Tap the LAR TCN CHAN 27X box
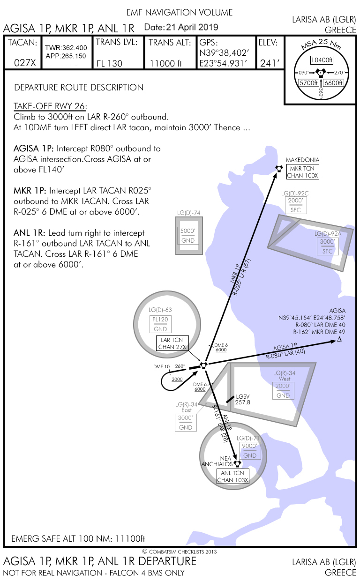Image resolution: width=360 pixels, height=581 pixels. pyautogui.click(x=173, y=343)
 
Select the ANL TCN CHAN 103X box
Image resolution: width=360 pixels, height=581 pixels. pyautogui.click(x=233, y=477)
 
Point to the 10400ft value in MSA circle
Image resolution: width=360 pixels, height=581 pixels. pyautogui.click(x=322, y=60)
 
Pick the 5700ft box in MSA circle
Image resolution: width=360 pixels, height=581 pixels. pyautogui.click(x=309, y=83)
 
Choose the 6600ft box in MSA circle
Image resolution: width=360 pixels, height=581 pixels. pyautogui.click(x=334, y=83)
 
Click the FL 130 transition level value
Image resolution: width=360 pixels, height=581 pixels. pyautogui.click(x=109, y=63)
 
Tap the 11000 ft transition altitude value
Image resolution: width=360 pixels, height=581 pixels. pyautogui.click(x=165, y=63)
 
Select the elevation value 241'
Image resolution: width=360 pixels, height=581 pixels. pyautogui.click(x=270, y=63)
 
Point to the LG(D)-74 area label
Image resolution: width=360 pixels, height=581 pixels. pyautogui.click(x=188, y=213)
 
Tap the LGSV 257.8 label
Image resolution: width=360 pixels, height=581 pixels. pyautogui.click(x=243, y=399)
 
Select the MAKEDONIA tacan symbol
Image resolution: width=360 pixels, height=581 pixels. pyautogui.click(x=279, y=169)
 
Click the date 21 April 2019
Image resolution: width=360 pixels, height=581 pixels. pyautogui.click(x=181, y=28)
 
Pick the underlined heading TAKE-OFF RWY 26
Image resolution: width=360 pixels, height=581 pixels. pyautogui.click(x=50, y=105)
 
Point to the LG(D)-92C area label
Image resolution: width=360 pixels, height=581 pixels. pyautogui.click(x=295, y=193)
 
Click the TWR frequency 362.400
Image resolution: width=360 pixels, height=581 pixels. pyautogui.click(x=66, y=48)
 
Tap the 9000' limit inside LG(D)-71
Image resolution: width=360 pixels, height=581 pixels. pyautogui.click(x=249, y=447)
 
